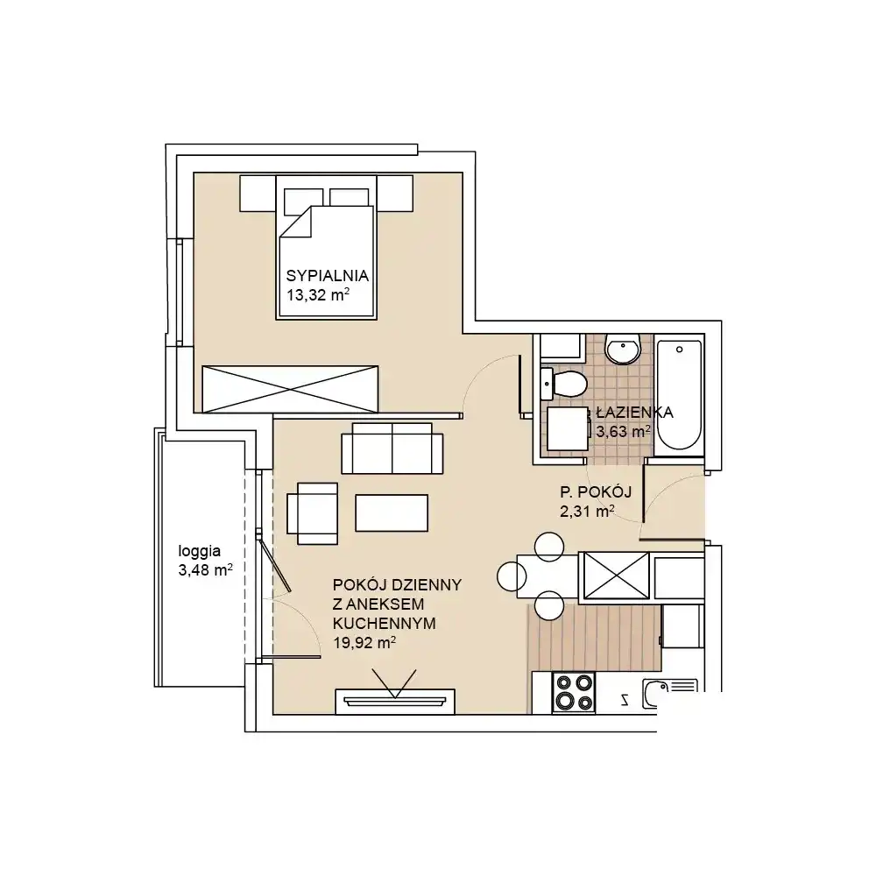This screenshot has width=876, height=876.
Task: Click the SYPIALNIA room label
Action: point(328,275)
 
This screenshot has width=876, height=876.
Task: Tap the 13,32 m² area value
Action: point(318,294)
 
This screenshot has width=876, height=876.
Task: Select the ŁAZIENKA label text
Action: point(634,413)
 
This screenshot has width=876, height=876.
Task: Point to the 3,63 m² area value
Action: point(623,431)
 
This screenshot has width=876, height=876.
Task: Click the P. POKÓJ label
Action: point(596,492)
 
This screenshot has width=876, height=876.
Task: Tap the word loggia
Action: point(200,552)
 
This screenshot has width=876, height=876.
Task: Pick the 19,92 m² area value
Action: point(364,642)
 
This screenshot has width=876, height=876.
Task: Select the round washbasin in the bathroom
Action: point(623,350)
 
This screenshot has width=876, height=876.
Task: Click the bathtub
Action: point(679,395)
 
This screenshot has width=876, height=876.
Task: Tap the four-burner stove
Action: point(574,693)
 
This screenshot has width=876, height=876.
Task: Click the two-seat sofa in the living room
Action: point(392,448)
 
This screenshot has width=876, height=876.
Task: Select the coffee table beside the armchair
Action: point(392,512)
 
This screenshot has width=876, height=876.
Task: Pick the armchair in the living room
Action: point(313,513)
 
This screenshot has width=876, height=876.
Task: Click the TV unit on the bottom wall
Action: point(395,702)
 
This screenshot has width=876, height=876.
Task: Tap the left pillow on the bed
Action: point(303,201)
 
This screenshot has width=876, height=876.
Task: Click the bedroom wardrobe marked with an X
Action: point(290,390)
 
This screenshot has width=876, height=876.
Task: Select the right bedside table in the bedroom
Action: point(394,194)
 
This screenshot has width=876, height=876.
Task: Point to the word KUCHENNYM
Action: point(385,624)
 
